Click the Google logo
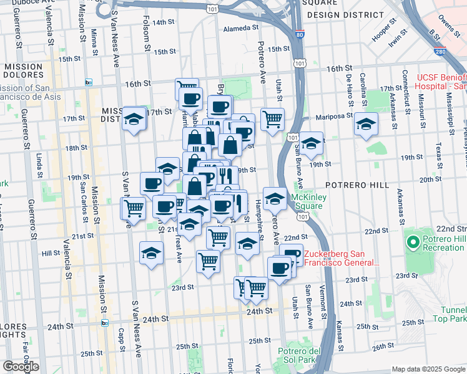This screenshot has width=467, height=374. (20, 367)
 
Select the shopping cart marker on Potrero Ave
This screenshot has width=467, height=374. (272, 118)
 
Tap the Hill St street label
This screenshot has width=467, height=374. (50, 254)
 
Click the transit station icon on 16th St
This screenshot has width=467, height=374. (88, 82)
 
